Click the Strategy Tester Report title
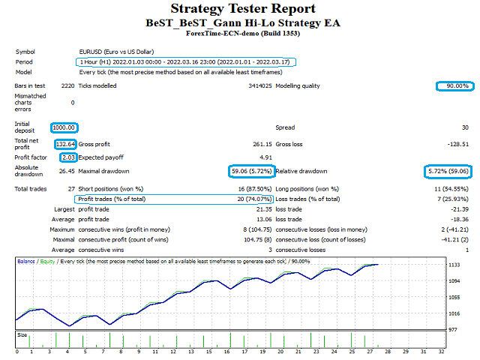tap(243, 8)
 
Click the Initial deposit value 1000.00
tap(64, 127)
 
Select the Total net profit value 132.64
tap(65, 144)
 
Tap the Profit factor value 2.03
tap(68, 157)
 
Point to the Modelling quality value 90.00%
tap(457, 85)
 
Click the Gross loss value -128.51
tap(458, 144)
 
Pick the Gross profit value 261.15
tap(262, 144)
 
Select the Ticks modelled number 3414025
tap(260, 85)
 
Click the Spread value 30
tap(465, 127)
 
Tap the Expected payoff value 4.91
tap(265, 157)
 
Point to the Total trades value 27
tap(71, 189)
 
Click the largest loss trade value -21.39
tap(460, 209)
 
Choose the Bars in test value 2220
tap(68, 85)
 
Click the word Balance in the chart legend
tap(26, 262)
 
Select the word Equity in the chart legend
tap(47, 262)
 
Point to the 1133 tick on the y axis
tap(454, 265)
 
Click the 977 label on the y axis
tap(453, 330)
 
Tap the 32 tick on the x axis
tap(441, 352)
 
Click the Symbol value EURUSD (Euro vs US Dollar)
tap(117, 52)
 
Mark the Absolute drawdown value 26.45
tap(67, 171)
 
